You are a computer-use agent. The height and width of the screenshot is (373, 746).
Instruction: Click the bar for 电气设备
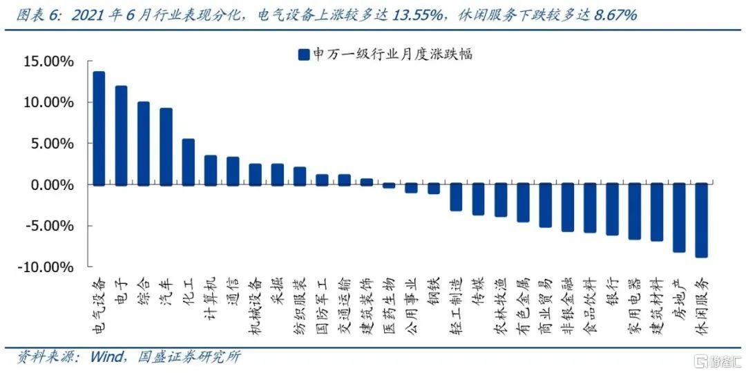tap(99, 128)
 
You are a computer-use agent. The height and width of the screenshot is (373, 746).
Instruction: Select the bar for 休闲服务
tap(701, 220)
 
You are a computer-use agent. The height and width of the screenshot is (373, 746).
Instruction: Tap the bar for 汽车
tap(166, 146)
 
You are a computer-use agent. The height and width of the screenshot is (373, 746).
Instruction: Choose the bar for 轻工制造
tap(456, 198)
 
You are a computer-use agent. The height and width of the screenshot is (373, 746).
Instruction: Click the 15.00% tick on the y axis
tap(48, 62)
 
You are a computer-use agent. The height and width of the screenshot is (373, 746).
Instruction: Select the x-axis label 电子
tap(122, 289)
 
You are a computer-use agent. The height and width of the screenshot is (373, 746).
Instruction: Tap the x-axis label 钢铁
tap(433, 289)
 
